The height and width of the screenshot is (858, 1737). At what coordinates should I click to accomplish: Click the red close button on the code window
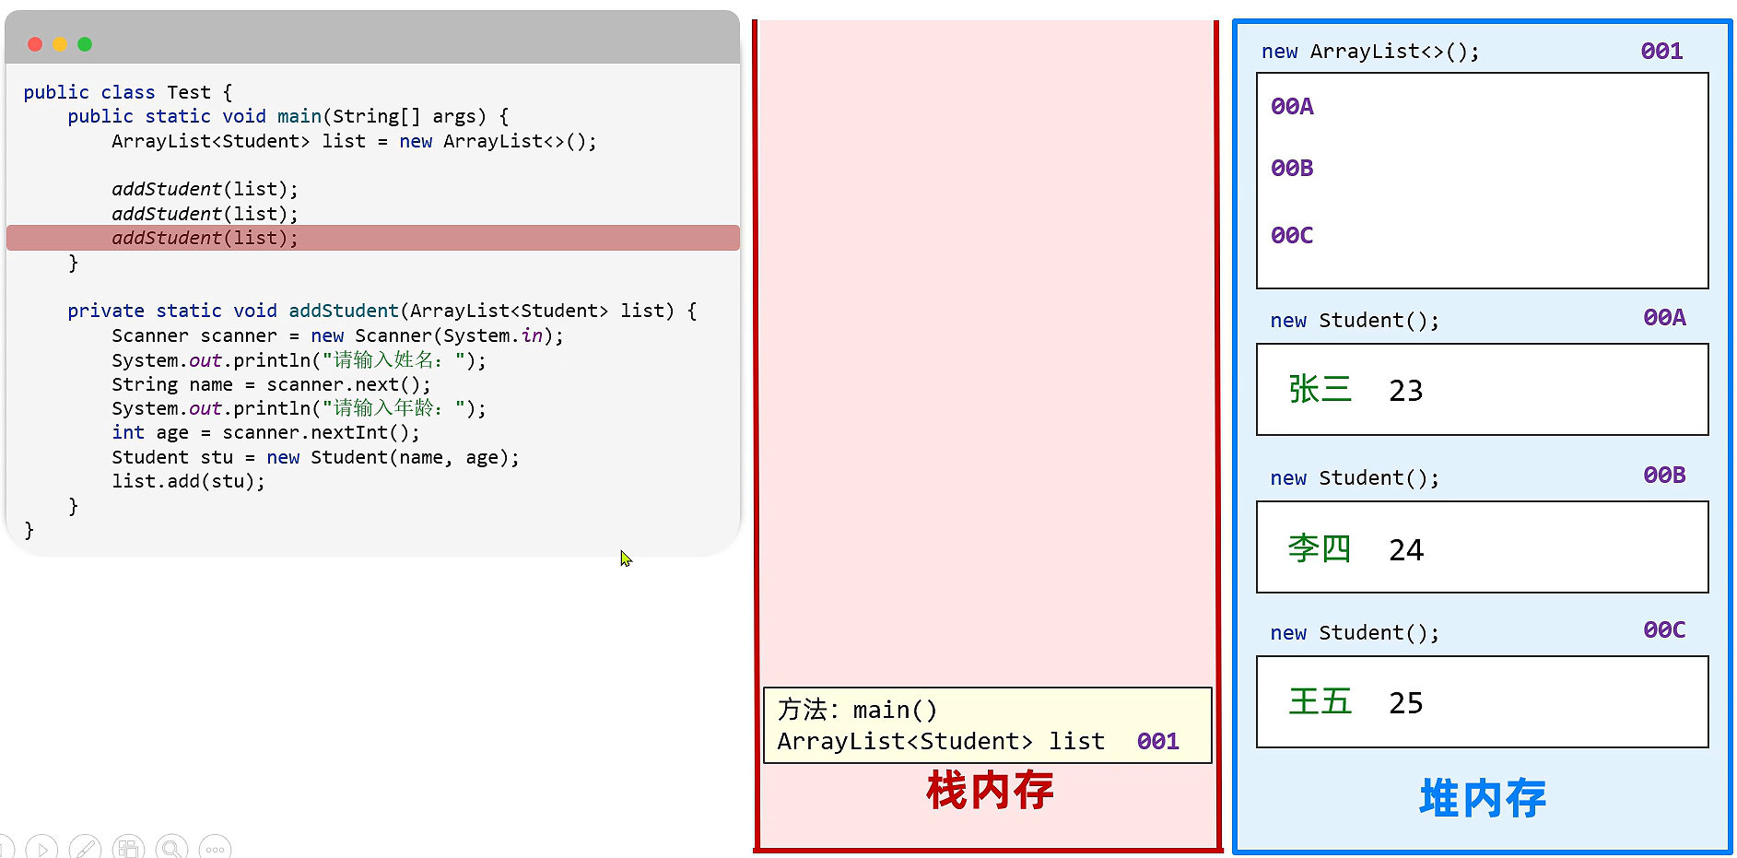35,44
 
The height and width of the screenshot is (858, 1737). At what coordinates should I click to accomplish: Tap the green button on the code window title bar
85,44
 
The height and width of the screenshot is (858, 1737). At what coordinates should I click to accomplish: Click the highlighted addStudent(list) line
205,238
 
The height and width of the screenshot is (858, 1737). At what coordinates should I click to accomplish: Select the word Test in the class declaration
189,92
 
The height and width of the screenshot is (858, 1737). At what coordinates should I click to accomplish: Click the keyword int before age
128,432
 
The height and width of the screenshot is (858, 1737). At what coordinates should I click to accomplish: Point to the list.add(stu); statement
188,481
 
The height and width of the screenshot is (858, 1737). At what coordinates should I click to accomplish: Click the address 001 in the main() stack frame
1157,741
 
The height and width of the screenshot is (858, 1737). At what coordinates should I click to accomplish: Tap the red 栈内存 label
990,791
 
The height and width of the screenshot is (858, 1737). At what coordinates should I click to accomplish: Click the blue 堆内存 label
1483,798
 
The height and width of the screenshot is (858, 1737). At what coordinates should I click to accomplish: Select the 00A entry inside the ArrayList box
1292,107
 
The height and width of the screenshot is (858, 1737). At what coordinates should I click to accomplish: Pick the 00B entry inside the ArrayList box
1292,169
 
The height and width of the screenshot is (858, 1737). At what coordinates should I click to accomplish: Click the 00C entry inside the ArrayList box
1292,236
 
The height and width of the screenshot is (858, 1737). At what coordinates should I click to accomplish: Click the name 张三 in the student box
1320,389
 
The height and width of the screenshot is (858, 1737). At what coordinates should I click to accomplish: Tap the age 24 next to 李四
1406,550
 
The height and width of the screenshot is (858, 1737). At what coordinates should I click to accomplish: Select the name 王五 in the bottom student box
1320,701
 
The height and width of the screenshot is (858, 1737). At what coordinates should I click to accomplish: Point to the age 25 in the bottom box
1406,703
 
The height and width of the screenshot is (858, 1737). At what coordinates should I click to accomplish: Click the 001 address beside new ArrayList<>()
1661,52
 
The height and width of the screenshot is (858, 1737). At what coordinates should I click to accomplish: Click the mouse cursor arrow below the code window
626,558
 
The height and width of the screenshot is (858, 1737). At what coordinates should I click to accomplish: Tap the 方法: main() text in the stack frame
857,710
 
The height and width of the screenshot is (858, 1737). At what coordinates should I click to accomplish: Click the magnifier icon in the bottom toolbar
171,848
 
